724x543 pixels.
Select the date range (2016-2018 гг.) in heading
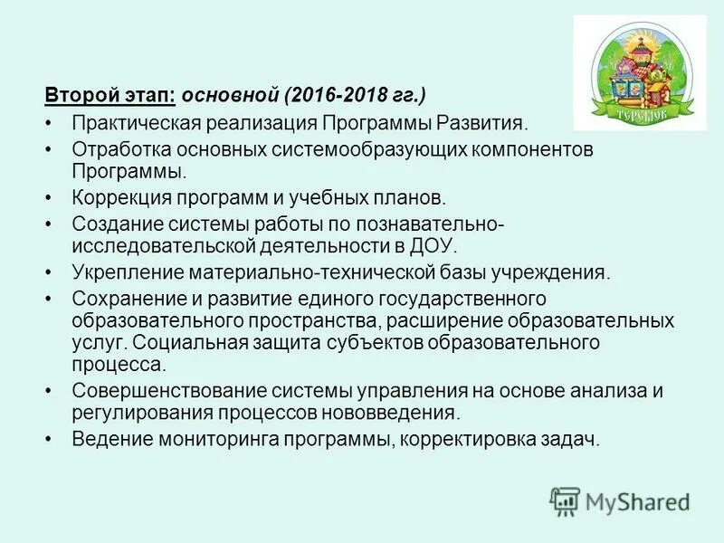356,95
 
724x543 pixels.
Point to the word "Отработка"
116,149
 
